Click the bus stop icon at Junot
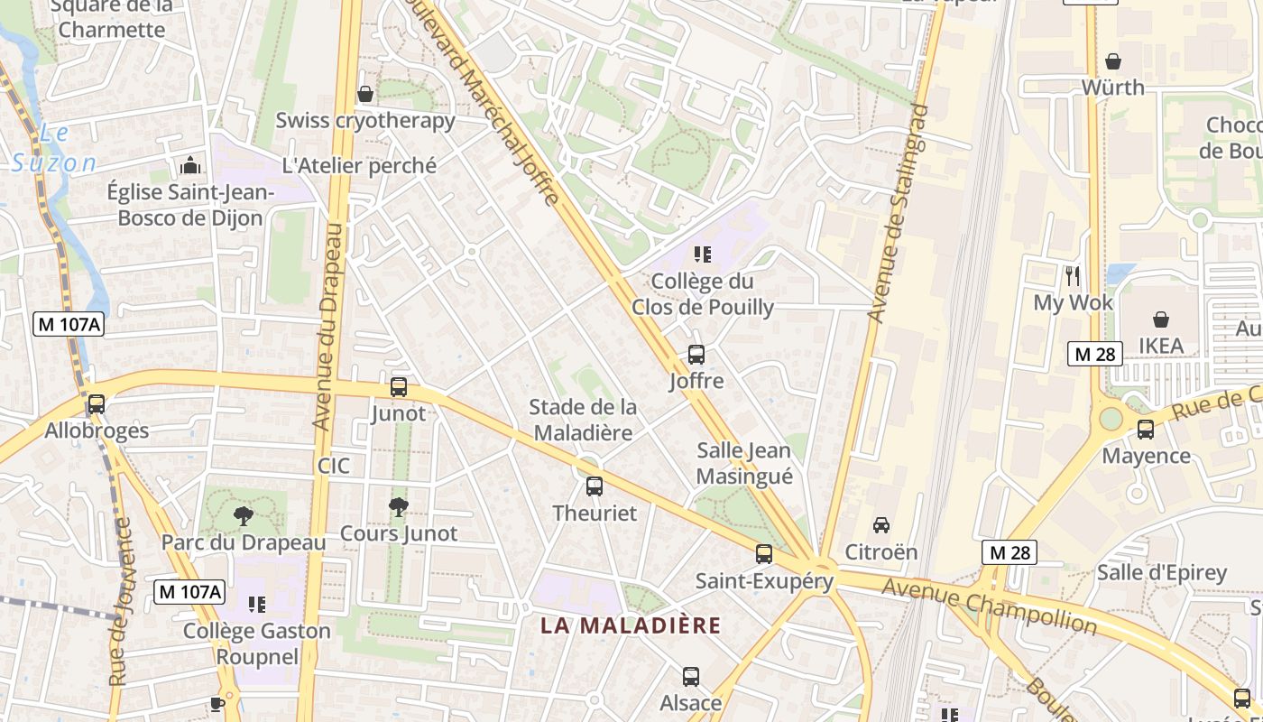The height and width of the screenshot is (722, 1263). (x=399, y=387)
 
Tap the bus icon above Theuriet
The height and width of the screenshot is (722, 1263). (x=595, y=486)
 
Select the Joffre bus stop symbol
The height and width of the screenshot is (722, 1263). (x=696, y=355)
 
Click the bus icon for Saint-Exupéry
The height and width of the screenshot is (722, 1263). (x=764, y=554)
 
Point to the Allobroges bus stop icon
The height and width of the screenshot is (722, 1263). (x=97, y=404)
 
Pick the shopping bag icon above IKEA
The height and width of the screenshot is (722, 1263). (x=1161, y=319)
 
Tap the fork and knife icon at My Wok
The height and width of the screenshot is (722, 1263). (x=1073, y=276)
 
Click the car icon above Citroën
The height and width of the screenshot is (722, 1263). (x=881, y=525)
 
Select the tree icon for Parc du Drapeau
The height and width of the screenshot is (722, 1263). (x=243, y=516)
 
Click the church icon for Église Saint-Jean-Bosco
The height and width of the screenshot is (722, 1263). (x=190, y=166)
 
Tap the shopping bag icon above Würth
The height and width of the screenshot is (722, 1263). (x=1113, y=61)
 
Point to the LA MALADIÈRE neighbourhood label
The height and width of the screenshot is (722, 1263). (x=631, y=625)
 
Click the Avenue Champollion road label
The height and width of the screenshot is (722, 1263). (x=989, y=606)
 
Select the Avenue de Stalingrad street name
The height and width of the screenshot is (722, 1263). (x=899, y=213)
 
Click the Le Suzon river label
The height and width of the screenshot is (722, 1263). (x=54, y=149)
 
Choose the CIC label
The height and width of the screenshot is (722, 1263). (x=334, y=467)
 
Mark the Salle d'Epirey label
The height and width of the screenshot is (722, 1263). (x=1162, y=572)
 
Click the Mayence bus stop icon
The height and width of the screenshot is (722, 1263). (x=1146, y=430)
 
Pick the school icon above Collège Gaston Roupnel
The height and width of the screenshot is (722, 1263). (x=257, y=604)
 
